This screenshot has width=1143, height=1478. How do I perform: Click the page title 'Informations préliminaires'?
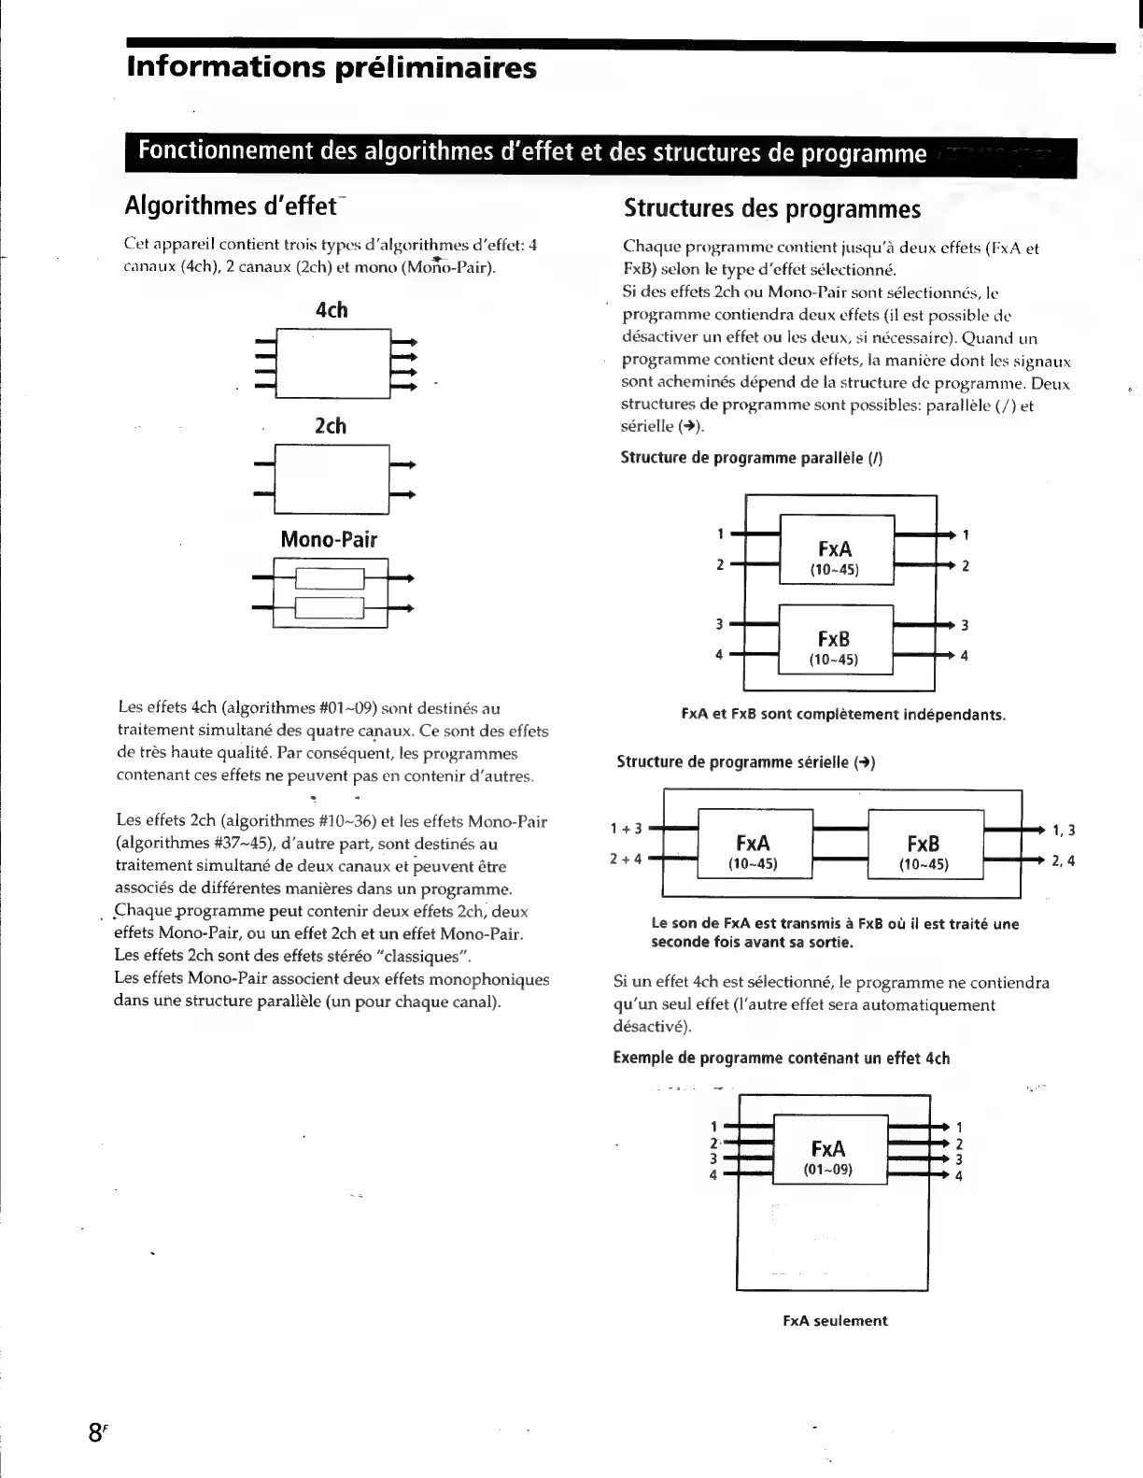(332, 69)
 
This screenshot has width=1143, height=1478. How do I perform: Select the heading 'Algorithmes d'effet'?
(230, 206)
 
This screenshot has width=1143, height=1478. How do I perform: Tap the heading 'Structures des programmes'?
(771, 208)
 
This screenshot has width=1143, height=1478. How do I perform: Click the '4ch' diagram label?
(331, 310)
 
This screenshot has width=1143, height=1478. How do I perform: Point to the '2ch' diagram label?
(330, 426)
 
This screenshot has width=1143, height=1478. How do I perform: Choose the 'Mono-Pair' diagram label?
(329, 539)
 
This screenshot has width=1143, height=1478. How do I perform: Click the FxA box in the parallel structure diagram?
(836, 549)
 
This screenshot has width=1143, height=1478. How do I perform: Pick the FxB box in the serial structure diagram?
(924, 845)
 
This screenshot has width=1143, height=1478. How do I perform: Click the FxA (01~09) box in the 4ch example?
(829, 1149)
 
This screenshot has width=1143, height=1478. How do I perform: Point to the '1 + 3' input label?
(626, 829)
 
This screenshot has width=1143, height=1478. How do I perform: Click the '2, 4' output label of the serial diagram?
(1064, 860)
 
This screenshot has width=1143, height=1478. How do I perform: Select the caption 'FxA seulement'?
(835, 1321)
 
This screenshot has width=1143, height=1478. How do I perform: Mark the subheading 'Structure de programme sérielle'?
(745, 761)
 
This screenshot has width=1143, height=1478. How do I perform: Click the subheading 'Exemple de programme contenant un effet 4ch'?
(781, 1058)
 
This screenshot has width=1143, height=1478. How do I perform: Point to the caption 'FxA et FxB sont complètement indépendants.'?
(843, 715)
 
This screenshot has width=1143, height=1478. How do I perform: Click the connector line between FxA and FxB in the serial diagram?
(840, 828)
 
